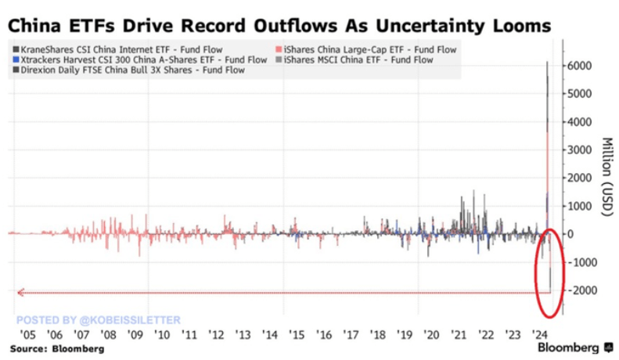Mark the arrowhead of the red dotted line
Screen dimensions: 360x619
[21, 293]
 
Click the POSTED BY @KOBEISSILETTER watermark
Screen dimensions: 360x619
[98, 319]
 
